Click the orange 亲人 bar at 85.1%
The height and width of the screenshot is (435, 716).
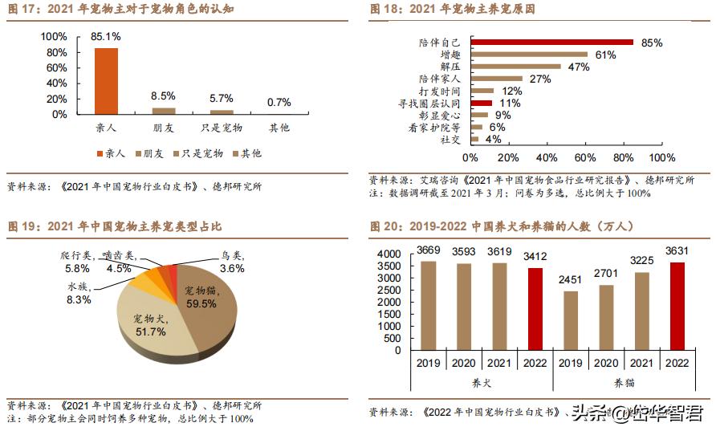click(x=106, y=81)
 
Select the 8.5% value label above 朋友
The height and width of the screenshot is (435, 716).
click(x=164, y=96)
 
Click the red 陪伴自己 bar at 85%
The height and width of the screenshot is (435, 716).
click(x=552, y=43)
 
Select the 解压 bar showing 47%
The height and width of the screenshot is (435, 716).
click(x=515, y=67)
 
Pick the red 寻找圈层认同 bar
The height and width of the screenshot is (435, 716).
click(x=482, y=104)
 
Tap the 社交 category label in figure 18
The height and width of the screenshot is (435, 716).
click(x=450, y=140)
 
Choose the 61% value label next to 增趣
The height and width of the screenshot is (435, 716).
click(x=605, y=55)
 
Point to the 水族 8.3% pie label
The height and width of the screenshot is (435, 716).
click(x=78, y=293)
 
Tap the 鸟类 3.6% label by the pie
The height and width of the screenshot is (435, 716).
click(x=232, y=262)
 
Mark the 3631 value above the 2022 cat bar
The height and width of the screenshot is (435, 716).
click(x=677, y=251)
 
